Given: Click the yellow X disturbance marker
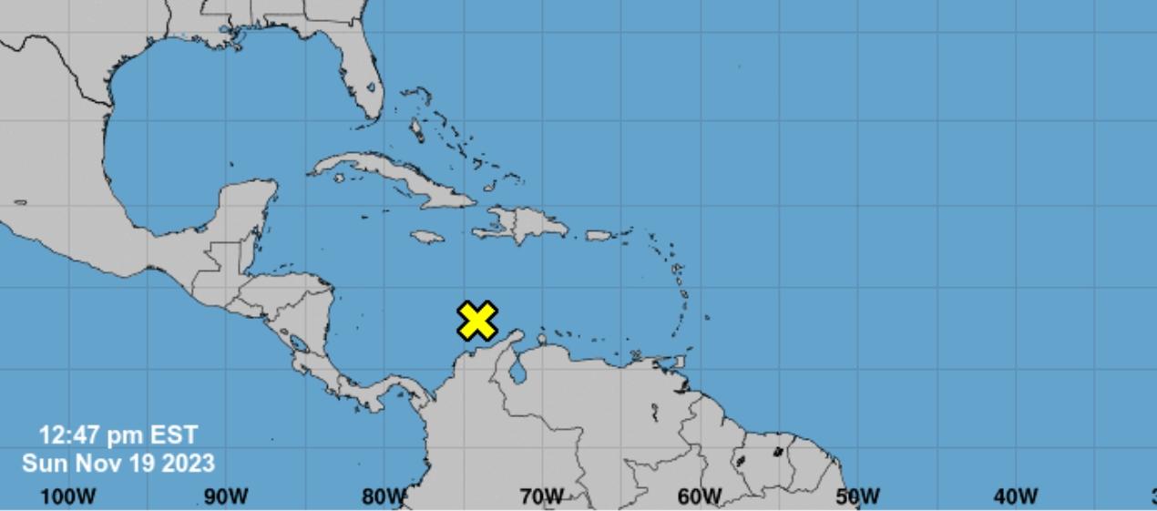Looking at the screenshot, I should pos(477,321).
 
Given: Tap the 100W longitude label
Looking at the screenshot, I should pos(68,496).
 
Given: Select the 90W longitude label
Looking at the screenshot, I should pos(226,496).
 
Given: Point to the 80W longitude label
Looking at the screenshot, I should pos(384,496).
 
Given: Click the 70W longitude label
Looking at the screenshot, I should pos(541,496).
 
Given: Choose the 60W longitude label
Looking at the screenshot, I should pos(699,496).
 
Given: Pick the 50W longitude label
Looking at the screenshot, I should pos(857,496).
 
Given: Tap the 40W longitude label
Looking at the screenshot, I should pos(1015,496).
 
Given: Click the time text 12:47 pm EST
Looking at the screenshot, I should pos(118,435).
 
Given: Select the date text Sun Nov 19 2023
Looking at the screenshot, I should pos(118,463).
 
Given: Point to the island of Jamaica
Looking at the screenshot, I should pos(426,237).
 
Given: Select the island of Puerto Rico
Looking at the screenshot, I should pos(598,235).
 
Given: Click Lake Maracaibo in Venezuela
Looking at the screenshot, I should pos(519,371).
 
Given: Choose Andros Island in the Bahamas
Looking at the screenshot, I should pos(417,127).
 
